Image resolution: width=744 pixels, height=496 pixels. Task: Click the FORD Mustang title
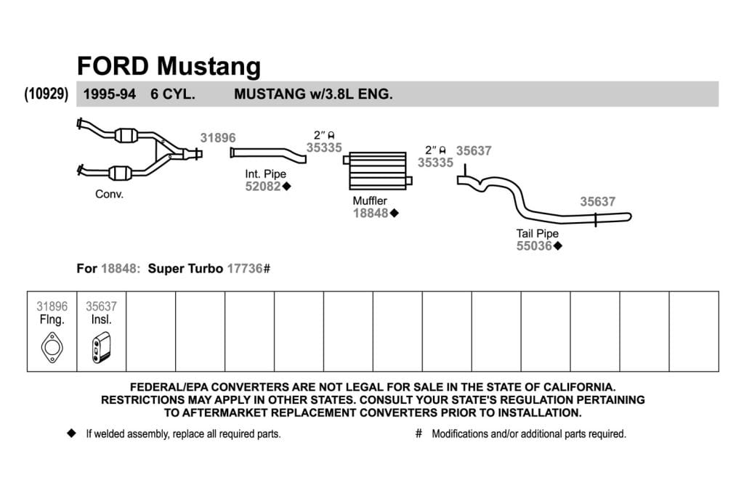coord(169,66)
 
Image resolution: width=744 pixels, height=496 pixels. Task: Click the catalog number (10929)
coord(46,94)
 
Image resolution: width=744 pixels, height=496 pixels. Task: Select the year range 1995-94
coord(110,94)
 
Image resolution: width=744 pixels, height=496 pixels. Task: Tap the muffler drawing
coord(378,171)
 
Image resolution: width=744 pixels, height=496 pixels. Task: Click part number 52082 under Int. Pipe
coord(263,187)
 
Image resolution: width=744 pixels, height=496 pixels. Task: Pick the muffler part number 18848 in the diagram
coord(371,214)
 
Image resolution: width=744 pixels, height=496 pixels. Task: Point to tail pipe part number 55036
coord(534,245)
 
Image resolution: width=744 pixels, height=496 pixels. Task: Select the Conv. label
coord(109,194)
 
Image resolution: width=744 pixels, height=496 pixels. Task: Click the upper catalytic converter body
coord(126,135)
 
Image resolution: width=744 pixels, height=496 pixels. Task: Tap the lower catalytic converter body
coord(120,173)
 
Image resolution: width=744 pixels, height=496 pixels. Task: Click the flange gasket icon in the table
coord(52,348)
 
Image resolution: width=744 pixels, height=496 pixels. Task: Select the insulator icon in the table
coord(101,348)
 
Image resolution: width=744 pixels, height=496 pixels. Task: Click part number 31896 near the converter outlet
coord(218,138)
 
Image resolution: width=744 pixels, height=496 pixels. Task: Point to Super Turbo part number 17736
coord(245,269)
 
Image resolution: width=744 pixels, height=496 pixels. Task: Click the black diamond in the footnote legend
coord(72,434)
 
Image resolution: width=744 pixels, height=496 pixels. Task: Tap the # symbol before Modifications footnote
coord(418,434)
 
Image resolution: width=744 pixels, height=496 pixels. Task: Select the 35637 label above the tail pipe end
coord(598,202)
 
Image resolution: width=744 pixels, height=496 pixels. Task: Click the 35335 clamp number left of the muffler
coord(324,147)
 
